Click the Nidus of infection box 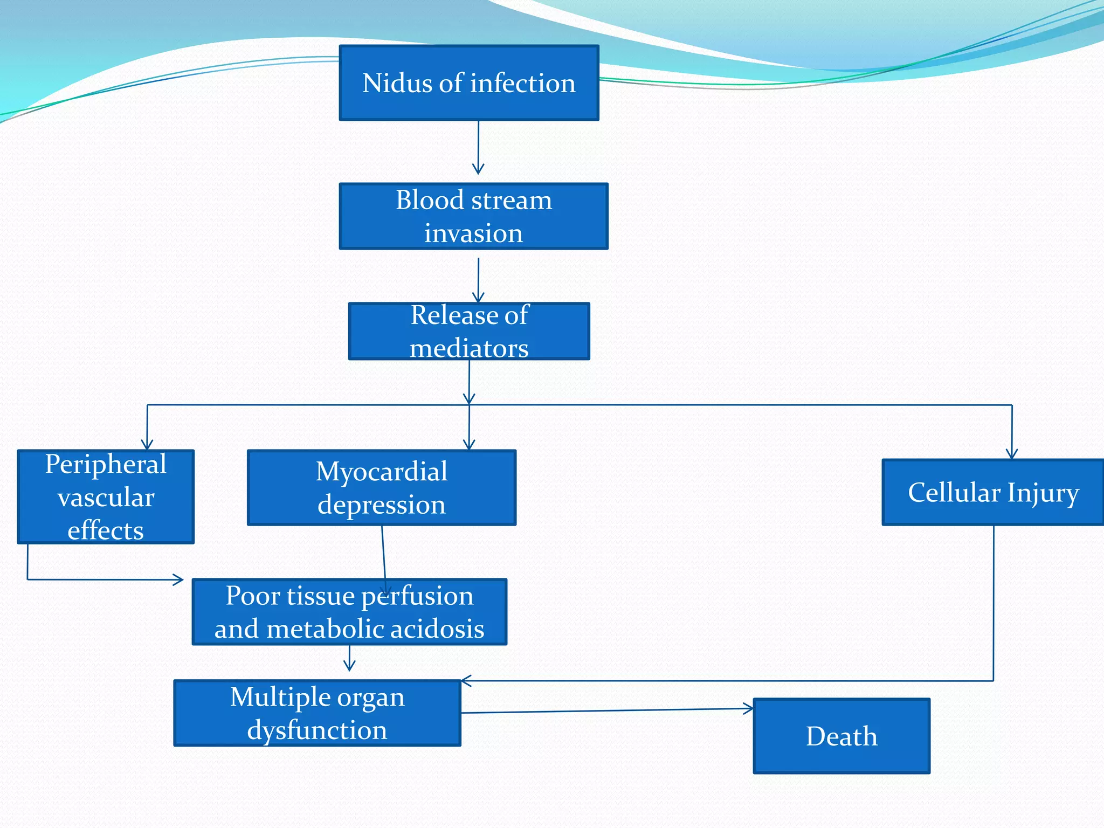[x=468, y=83]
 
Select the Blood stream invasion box [x=473, y=216]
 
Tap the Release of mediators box [x=469, y=331]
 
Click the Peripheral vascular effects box [x=106, y=496]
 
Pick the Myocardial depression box [x=382, y=488]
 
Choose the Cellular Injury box [x=993, y=492]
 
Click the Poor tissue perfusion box [x=349, y=612]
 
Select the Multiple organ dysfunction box [x=317, y=713]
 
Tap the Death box [x=841, y=736]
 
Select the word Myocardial [x=381, y=472]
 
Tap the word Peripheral [x=106, y=465]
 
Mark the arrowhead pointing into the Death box [x=749, y=709]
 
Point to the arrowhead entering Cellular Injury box [x=1012, y=454]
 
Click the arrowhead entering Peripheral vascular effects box [x=147, y=445]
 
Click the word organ [x=372, y=698]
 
